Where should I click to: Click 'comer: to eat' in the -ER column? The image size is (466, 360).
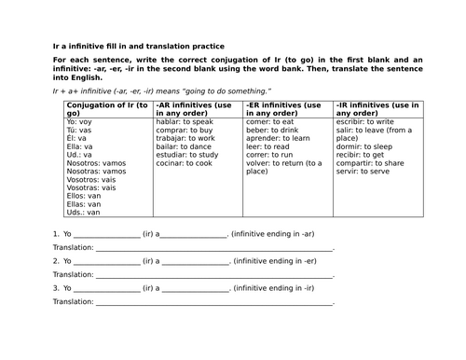270,121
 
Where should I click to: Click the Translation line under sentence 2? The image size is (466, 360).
213,275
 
